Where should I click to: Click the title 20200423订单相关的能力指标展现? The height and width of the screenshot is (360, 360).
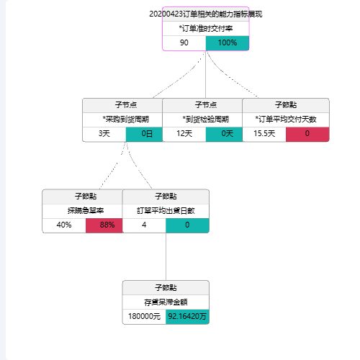(206, 14)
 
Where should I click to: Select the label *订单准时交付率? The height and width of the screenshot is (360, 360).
(206, 29)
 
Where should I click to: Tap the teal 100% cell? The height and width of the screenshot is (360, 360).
(228, 43)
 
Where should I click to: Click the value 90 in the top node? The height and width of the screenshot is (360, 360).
(184, 42)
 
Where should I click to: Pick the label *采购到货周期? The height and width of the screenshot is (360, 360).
(126, 120)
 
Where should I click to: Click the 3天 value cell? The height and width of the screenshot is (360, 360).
(104, 134)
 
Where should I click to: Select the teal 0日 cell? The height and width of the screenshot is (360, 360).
(144, 134)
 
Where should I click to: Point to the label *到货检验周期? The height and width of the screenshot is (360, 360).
(206, 120)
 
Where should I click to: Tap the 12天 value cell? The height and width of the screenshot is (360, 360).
(184, 134)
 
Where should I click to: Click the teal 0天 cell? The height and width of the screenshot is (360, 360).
(224, 134)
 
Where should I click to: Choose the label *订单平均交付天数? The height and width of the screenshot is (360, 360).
(286, 120)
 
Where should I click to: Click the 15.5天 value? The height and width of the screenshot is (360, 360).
(264, 133)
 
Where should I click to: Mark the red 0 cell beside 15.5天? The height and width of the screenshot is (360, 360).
(307, 135)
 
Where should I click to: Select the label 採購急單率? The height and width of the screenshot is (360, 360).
(86, 211)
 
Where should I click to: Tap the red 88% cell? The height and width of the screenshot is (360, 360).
(104, 225)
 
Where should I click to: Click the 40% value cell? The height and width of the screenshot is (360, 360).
(64, 225)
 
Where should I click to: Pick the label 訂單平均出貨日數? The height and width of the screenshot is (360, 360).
(166, 211)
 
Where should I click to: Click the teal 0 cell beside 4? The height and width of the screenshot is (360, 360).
(187, 225)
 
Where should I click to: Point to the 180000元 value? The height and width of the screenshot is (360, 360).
(144, 316)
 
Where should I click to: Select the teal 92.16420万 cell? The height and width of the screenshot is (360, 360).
(187, 317)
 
